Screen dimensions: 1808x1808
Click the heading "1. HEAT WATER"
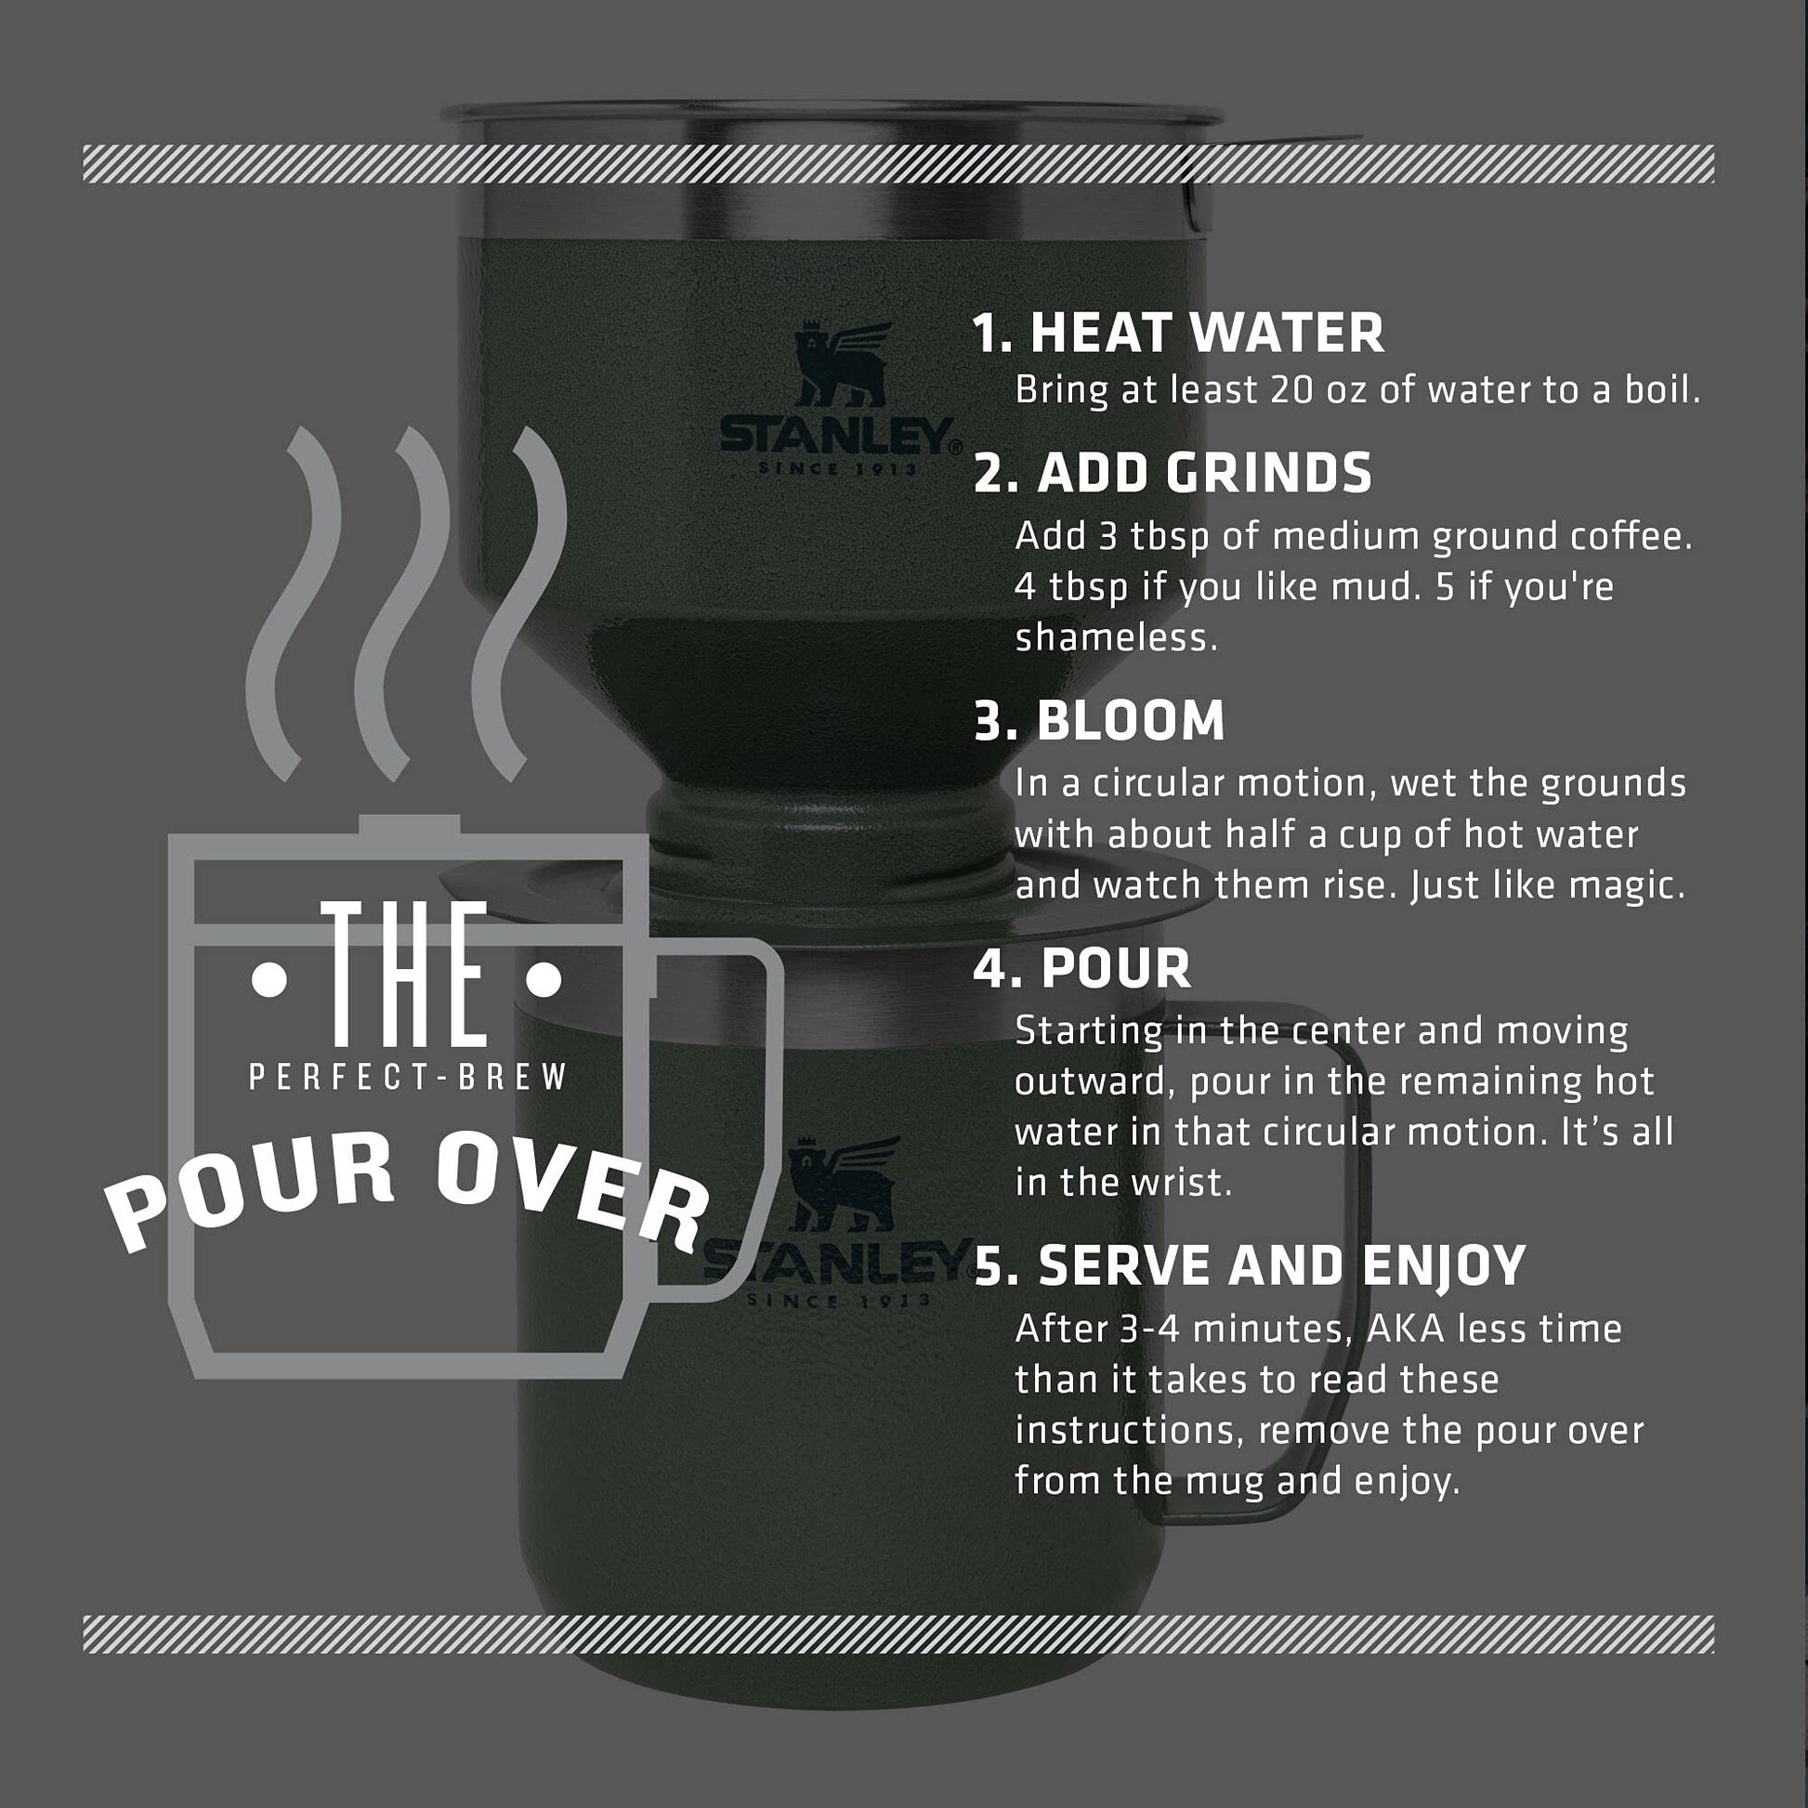(1178, 333)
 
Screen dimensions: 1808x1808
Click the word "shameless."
(1117, 637)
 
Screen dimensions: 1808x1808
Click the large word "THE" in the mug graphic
(405, 975)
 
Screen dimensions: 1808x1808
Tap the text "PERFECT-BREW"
(409, 1077)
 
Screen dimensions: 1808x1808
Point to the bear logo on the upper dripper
(842, 363)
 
